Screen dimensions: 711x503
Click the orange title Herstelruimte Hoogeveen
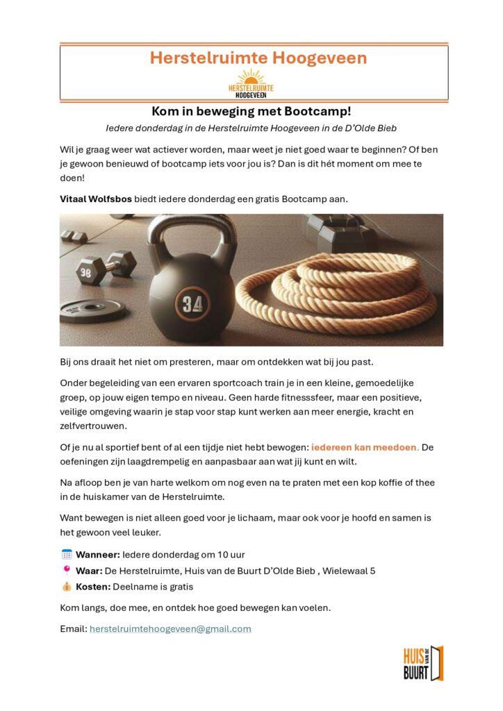click(x=258, y=58)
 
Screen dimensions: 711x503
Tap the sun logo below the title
click(x=251, y=83)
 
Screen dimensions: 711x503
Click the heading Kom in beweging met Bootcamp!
click(x=251, y=111)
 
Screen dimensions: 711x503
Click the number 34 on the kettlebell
click(x=191, y=303)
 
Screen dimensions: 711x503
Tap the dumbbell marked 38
click(x=104, y=269)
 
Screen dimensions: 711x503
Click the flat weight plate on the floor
click(x=92, y=310)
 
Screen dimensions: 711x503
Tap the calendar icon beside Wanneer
click(x=67, y=554)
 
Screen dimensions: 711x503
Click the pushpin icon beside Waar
click(x=67, y=570)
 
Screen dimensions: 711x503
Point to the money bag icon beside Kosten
click(x=67, y=587)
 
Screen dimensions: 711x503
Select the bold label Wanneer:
click(x=98, y=555)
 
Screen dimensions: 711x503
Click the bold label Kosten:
click(x=94, y=587)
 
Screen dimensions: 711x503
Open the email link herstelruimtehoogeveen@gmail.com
click(x=170, y=629)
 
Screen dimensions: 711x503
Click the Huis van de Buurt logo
click(x=422, y=663)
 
